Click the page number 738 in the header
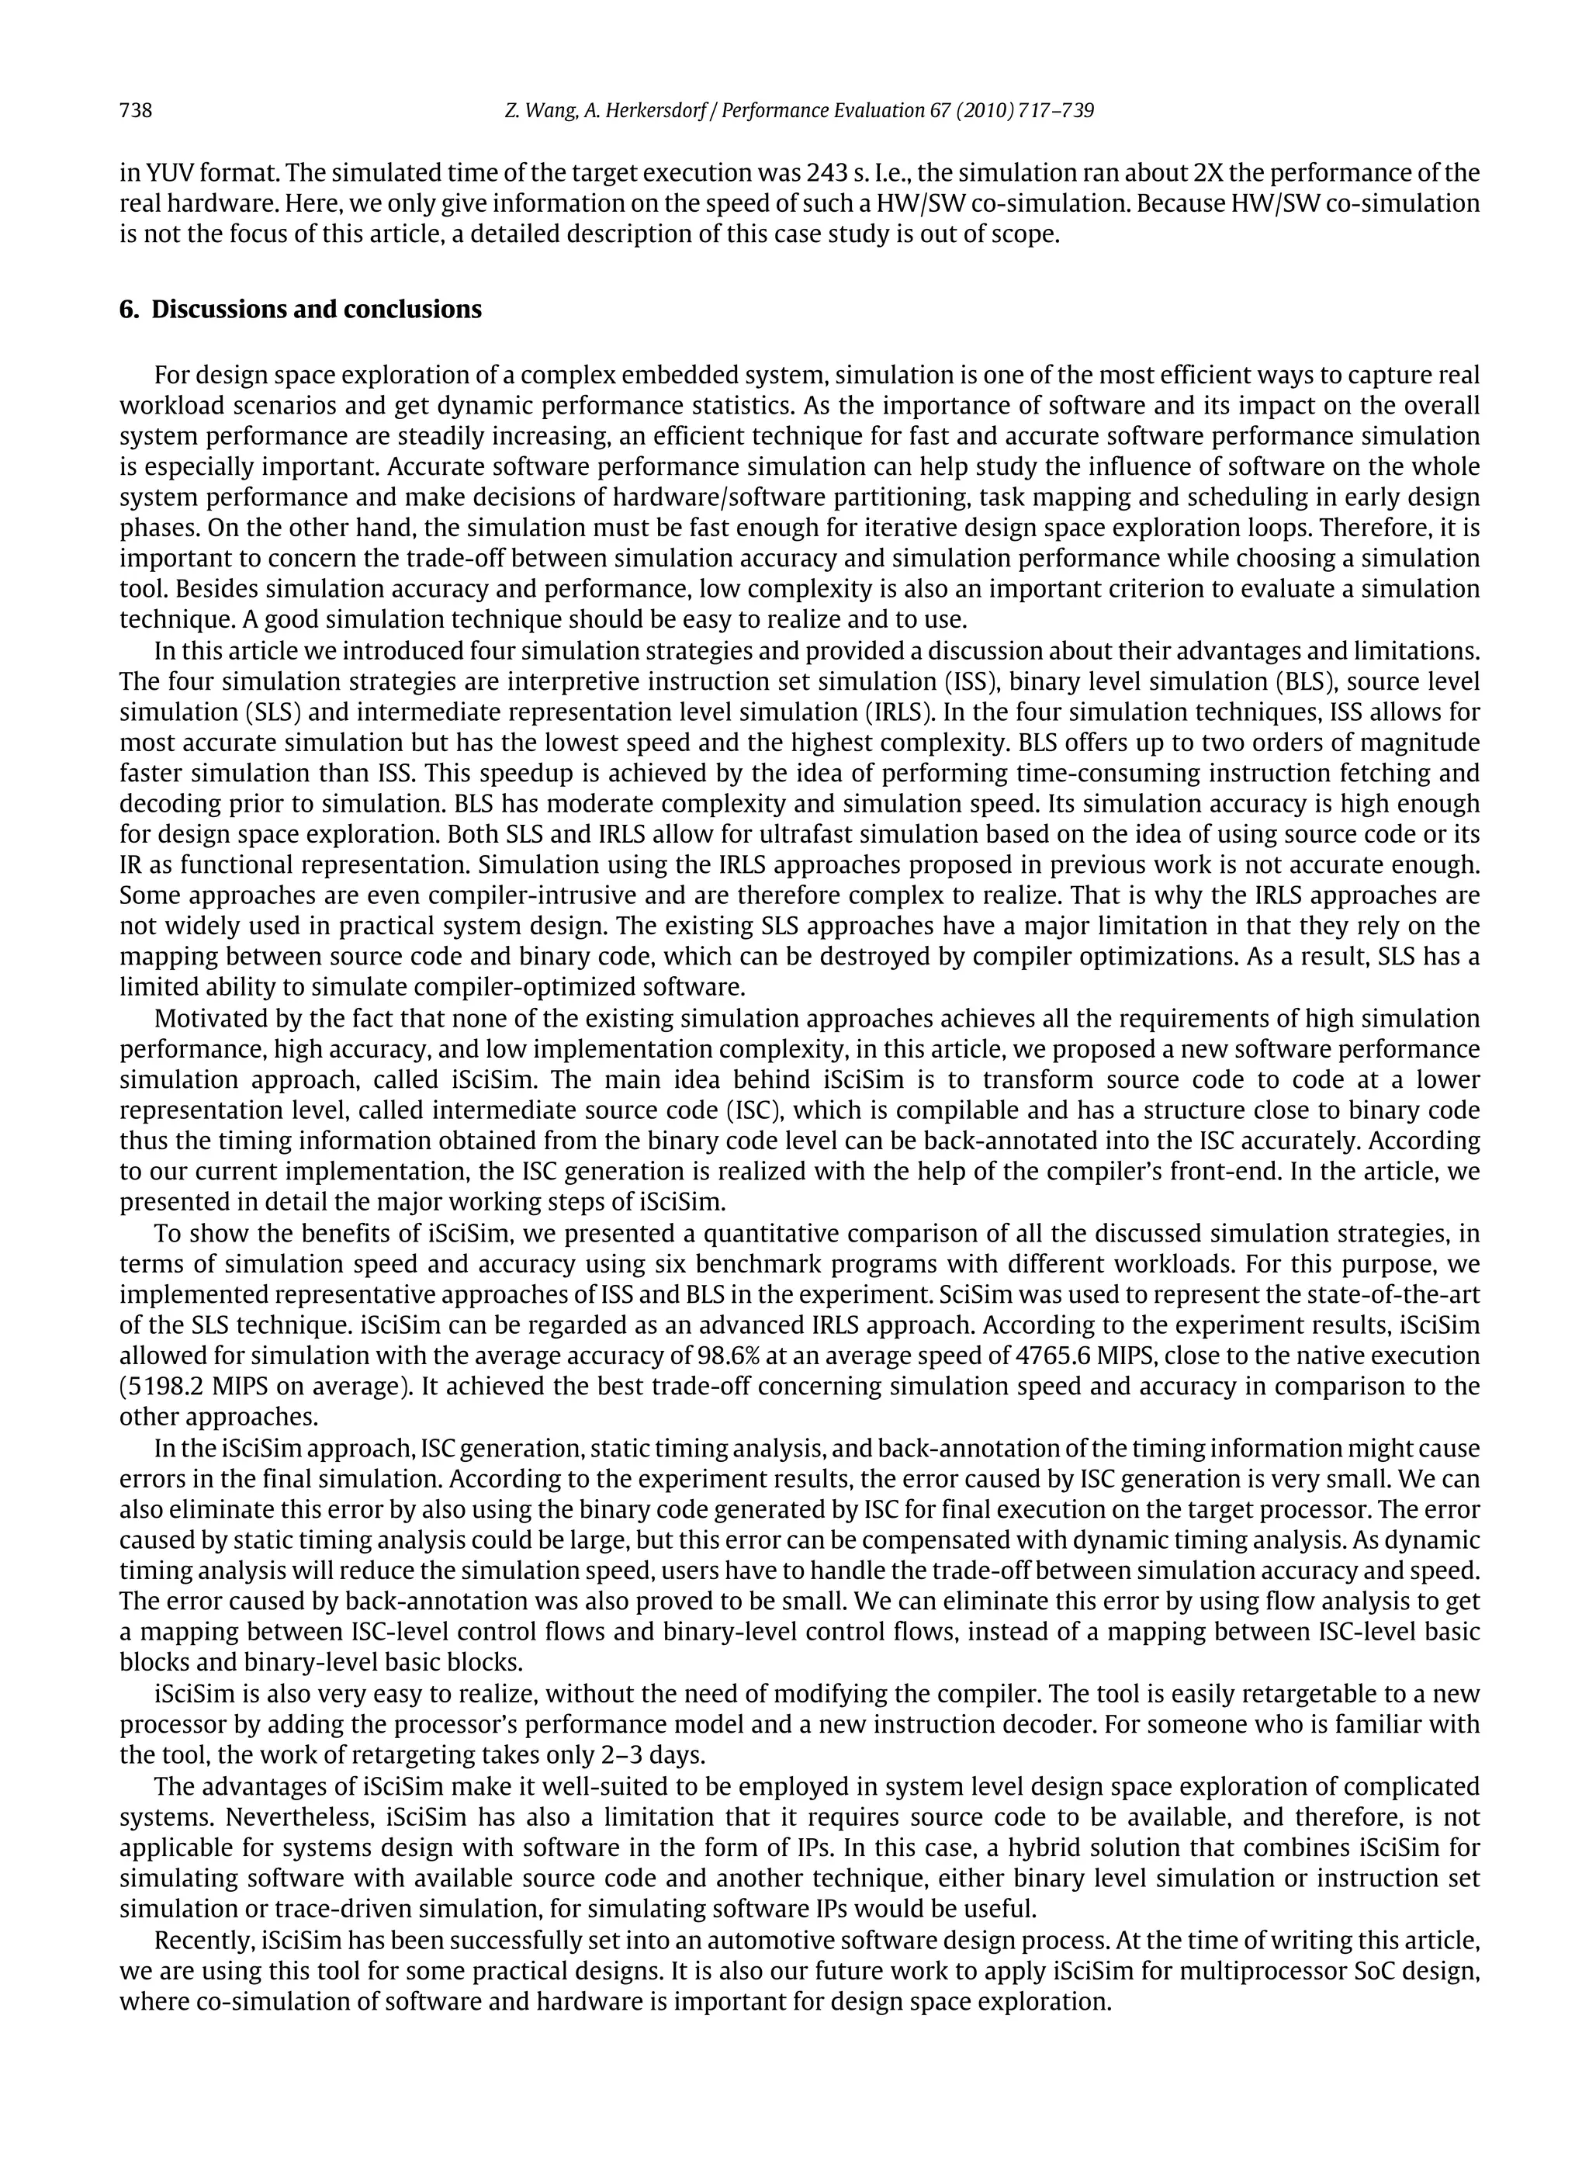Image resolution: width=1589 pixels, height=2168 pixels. click(136, 111)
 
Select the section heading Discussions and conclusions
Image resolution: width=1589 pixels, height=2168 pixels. click(317, 310)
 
